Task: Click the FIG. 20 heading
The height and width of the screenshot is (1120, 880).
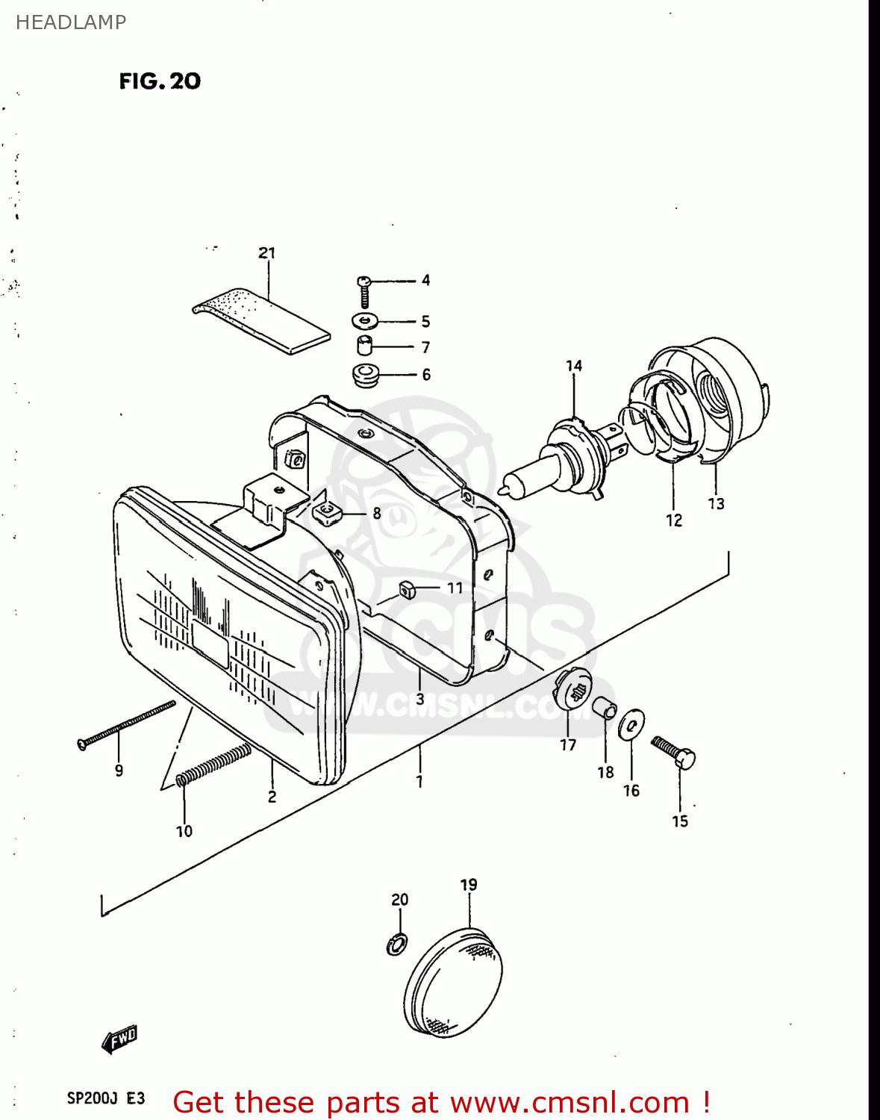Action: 160,81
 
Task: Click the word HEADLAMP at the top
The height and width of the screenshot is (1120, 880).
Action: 71,22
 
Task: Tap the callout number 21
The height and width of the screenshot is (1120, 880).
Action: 267,253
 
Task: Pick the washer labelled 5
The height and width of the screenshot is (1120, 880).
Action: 365,321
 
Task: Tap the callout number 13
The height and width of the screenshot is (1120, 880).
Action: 716,504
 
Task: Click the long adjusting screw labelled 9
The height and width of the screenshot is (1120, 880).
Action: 127,723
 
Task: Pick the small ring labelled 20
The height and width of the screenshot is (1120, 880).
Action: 397,945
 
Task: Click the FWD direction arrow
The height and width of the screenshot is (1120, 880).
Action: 119,1038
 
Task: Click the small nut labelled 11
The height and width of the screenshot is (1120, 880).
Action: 407,589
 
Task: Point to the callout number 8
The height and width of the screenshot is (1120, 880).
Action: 377,513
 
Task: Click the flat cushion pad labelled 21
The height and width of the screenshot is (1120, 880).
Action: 261,319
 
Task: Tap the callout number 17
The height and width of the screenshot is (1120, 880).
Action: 568,744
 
